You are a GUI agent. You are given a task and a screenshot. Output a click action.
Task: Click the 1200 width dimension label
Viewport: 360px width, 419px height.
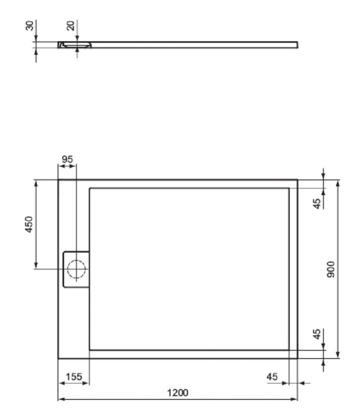(178, 392)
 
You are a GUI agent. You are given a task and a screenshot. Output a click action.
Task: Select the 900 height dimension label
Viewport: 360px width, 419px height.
(331, 269)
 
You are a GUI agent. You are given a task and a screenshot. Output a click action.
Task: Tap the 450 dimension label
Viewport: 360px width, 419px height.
(29, 224)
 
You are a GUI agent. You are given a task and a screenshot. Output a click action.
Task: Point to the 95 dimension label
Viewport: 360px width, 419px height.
(67, 159)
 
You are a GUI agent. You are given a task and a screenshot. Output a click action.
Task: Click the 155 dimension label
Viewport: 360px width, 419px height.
(74, 377)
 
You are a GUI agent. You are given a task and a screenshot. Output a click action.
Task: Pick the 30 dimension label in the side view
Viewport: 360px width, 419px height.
(29, 26)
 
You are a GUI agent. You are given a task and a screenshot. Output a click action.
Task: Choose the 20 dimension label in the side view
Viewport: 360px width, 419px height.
(70, 26)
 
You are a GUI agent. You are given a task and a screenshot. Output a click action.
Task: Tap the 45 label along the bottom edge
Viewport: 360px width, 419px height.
(272, 377)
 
